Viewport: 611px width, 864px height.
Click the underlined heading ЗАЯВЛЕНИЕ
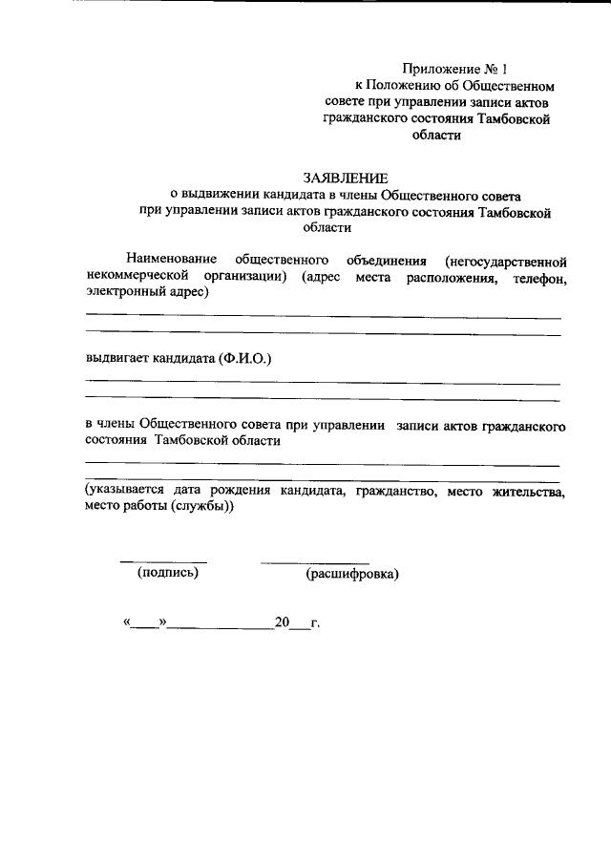[345, 178]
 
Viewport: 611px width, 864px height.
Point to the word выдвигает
[114, 359]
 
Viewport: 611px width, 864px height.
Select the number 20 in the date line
[282, 623]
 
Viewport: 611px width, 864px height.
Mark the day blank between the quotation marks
[145, 626]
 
